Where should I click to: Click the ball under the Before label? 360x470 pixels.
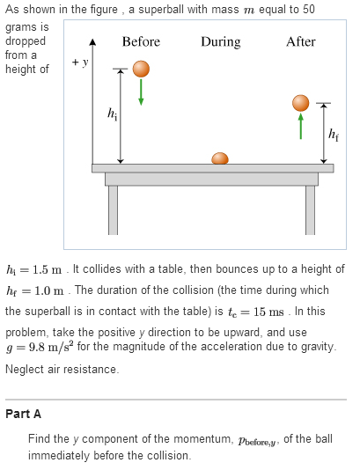point(141,70)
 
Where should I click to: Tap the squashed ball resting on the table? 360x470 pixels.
point(220,158)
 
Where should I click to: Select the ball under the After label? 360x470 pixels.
point(301,103)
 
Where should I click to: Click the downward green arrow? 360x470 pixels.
point(141,95)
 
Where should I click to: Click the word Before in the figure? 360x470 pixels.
point(141,42)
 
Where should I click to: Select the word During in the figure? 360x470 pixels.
point(220,42)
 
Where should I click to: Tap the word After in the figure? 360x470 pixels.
point(301,42)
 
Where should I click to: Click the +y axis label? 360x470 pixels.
point(81,62)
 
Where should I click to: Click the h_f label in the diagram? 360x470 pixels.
point(334,135)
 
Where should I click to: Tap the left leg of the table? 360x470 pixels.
point(113,209)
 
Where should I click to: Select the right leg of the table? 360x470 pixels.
point(310,209)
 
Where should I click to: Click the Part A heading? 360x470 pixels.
point(23,414)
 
